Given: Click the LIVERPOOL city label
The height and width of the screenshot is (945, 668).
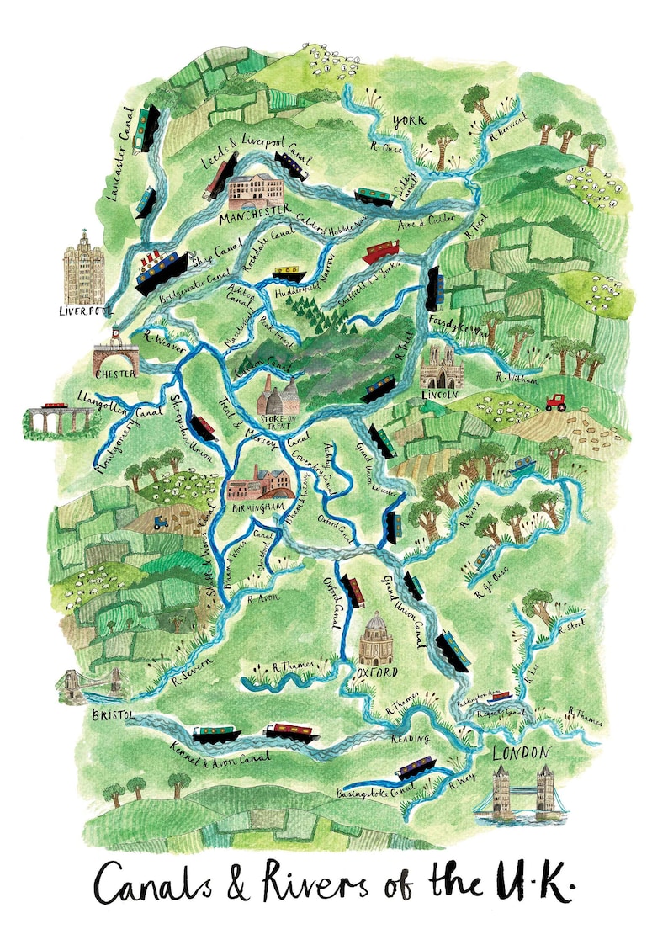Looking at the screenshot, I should click(x=85, y=310).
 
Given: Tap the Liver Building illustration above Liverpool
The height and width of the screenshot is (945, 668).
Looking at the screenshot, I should click(x=85, y=267).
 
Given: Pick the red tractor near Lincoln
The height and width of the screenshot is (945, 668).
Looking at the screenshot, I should click(x=555, y=402).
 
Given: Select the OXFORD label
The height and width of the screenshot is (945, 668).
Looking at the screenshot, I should click(x=376, y=672).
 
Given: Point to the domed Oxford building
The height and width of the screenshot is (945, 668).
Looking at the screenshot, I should click(x=376, y=639).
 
